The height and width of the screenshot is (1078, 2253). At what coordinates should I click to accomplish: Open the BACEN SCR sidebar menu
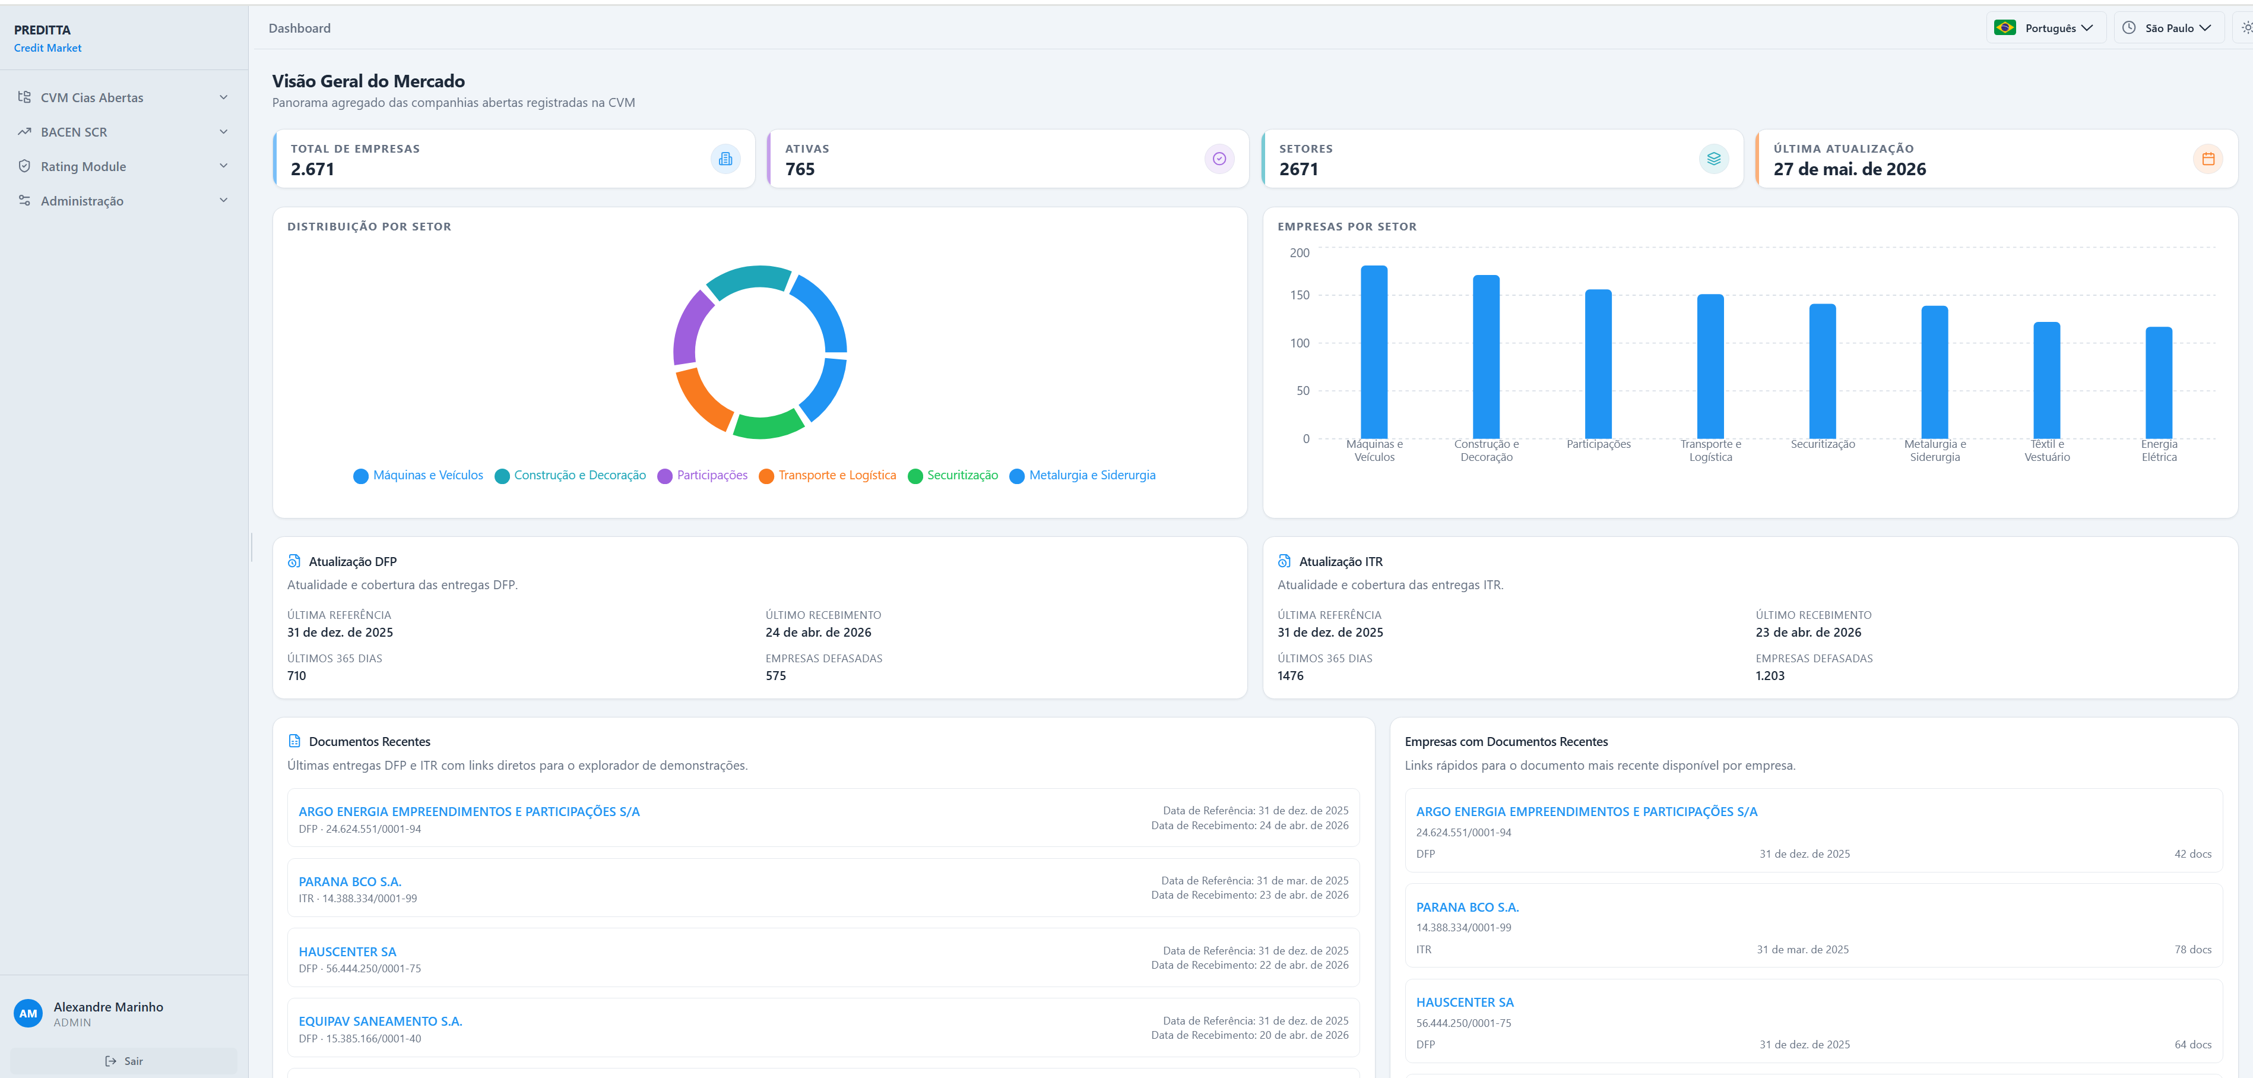click(122, 132)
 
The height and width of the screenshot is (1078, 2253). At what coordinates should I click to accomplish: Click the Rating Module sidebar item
click(122, 166)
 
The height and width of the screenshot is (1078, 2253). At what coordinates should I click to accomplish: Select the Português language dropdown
click(2045, 28)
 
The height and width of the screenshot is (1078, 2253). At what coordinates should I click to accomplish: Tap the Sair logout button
click(124, 1061)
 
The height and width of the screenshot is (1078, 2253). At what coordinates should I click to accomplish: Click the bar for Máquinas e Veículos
click(1374, 352)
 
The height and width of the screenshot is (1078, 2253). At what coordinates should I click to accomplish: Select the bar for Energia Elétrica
click(2159, 382)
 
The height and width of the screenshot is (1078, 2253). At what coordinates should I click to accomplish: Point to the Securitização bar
click(1823, 371)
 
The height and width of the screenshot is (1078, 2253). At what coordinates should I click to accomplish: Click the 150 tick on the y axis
click(1300, 295)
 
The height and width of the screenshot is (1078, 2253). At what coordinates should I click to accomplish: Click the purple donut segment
click(691, 327)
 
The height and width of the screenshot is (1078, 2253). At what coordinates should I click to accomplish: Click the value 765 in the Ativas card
click(800, 169)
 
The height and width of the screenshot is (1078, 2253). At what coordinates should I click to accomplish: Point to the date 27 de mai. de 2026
click(1850, 169)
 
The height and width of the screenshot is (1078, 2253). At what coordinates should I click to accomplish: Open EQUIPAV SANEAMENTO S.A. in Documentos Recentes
click(381, 1021)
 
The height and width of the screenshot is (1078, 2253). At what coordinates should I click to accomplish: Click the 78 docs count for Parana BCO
click(2192, 949)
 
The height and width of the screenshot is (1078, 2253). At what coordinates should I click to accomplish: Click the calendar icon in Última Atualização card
click(2207, 159)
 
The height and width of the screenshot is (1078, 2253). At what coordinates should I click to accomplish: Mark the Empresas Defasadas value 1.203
click(1770, 675)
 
